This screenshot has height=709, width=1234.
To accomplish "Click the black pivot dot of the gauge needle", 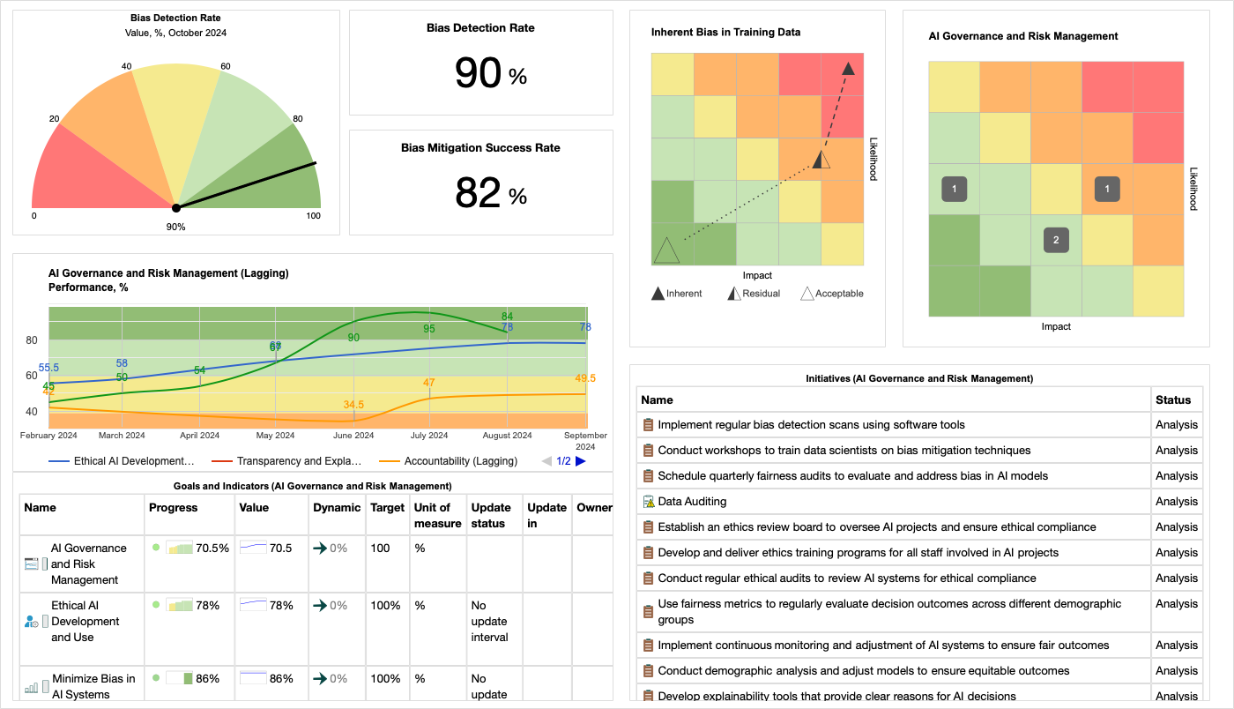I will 176,208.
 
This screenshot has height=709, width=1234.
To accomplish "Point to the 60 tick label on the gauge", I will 226,66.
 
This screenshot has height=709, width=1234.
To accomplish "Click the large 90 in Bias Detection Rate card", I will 479,73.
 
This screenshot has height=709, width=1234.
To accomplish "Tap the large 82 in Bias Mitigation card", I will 479,193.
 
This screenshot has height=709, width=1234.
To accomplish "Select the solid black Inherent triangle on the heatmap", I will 848,68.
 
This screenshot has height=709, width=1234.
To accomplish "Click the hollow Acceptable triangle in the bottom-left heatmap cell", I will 666,250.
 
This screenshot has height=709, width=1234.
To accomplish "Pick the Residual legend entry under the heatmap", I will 754,294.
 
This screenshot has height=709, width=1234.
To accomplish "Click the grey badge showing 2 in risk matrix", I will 1056,240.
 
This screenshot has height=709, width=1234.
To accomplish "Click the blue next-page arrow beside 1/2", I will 581,460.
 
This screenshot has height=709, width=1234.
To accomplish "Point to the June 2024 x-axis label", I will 353,435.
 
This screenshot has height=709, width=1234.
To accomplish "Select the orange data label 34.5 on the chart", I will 354,405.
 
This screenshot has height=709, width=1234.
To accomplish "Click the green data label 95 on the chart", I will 429,329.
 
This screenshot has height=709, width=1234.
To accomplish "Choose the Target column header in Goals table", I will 388,507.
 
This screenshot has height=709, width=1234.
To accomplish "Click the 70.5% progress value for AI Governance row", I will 212,548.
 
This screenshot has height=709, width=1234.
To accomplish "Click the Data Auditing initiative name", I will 692,502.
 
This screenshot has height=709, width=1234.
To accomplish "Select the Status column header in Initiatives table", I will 1173,399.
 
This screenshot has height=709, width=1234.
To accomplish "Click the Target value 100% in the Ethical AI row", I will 385,606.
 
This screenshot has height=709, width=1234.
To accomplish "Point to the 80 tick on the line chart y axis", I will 32,340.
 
